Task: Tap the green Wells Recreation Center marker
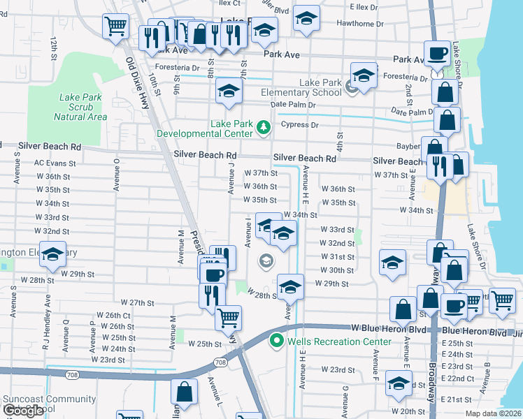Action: tap(276, 341)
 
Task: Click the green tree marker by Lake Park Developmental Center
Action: tap(263, 126)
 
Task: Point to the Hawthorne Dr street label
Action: tap(360, 23)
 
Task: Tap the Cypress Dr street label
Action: tap(299, 125)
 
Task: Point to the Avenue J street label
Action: tap(230, 177)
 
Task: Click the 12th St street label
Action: tap(54, 49)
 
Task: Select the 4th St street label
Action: tap(341, 142)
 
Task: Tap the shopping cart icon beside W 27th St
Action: tap(228, 317)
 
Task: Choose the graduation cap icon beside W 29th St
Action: tap(290, 286)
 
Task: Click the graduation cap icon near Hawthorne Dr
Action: tap(306, 18)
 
